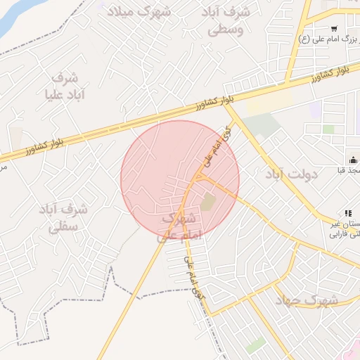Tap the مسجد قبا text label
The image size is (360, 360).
[x=350, y=171]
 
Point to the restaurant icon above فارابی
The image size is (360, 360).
[x=347, y=213]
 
